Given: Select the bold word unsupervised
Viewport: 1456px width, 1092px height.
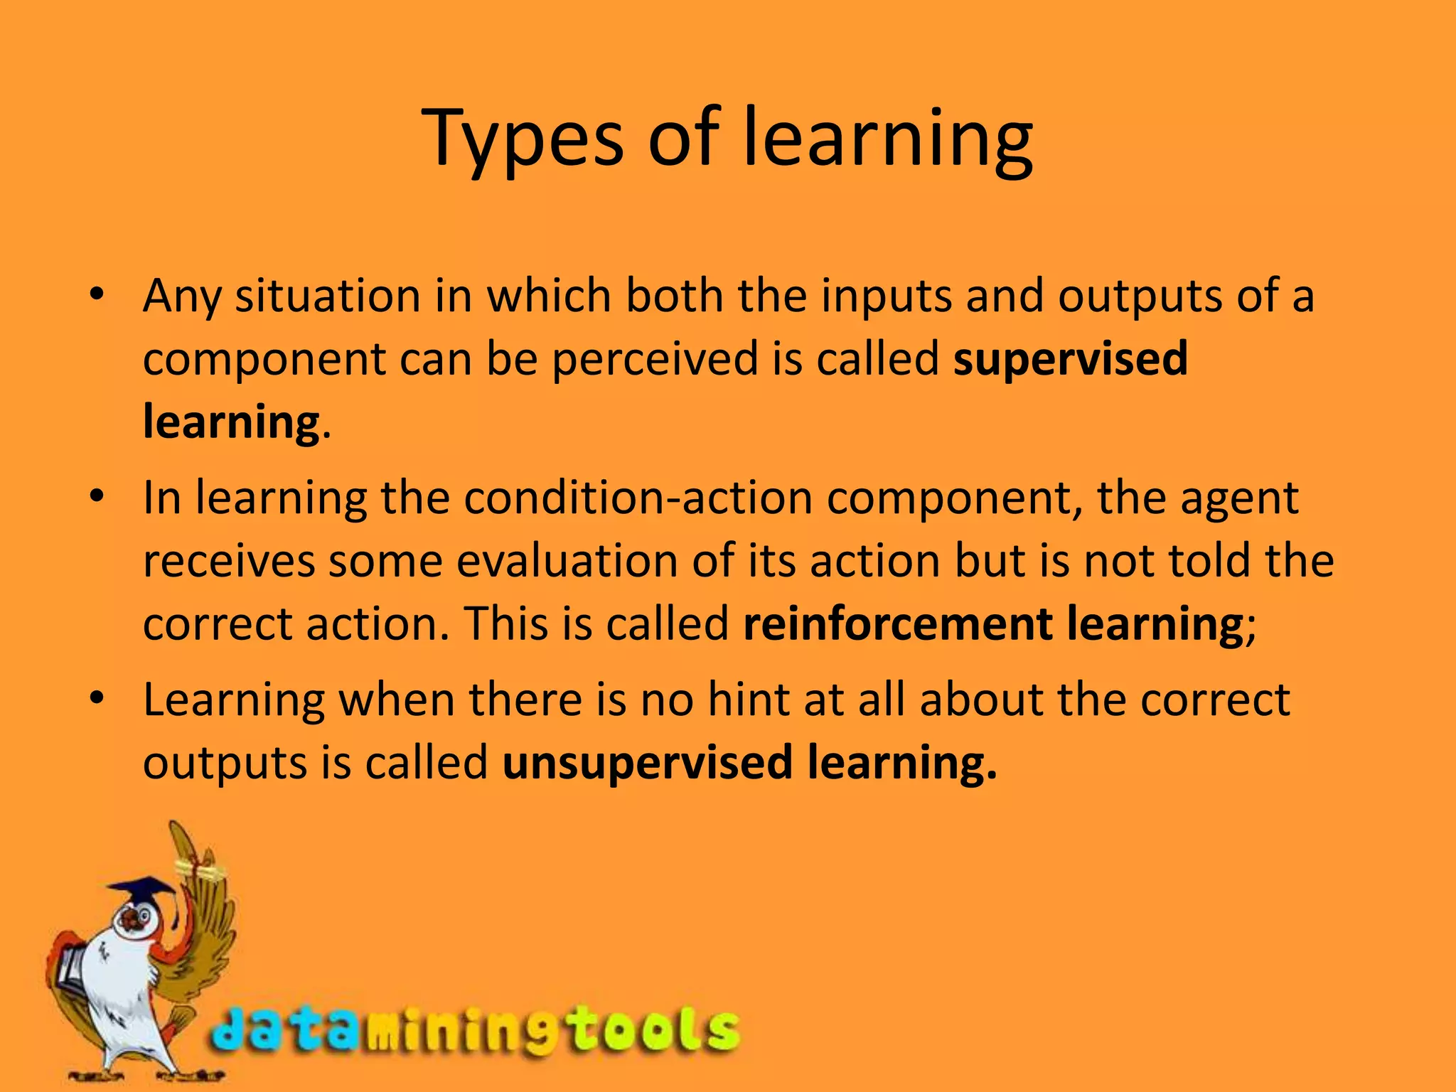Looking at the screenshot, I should pyautogui.click(x=647, y=762).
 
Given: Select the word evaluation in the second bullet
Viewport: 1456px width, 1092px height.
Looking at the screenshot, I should pyautogui.click(x=567, y=560).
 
